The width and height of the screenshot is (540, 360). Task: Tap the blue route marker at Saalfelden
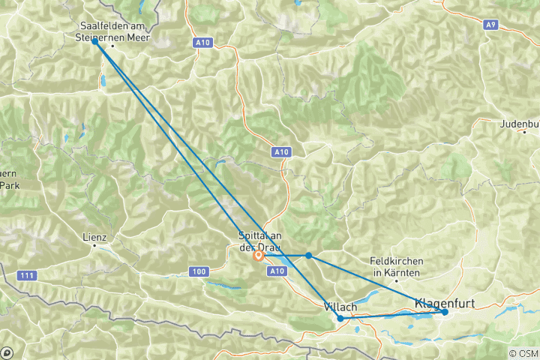click(94, 40)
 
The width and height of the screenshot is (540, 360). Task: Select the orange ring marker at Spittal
click(259, 255)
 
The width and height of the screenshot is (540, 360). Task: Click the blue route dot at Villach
click(340, 318)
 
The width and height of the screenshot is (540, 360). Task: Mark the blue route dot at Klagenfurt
click(445, 312)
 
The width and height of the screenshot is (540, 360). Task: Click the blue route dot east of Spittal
click(308, 256)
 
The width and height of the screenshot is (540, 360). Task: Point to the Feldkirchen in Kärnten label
click(395, 266)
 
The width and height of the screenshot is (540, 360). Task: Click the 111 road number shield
click(28, 276)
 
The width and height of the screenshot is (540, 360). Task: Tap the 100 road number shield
click(199, 271)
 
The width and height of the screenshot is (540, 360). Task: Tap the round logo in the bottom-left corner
click(7, 352)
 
